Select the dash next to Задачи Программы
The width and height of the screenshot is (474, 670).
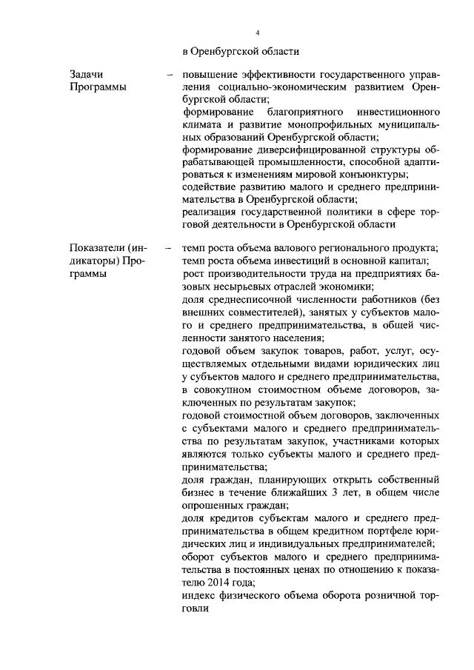(x=170, y=75)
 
